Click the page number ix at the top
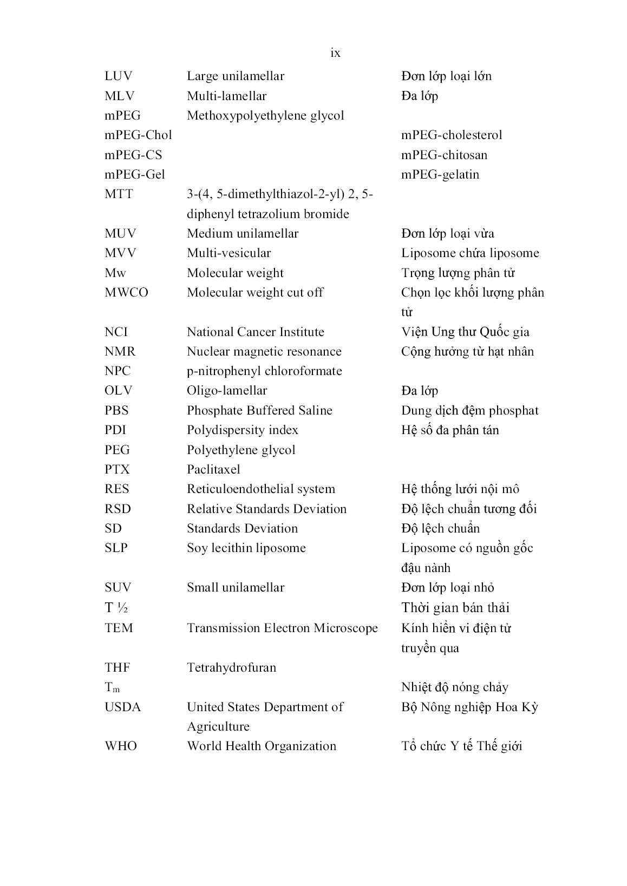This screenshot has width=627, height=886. point(335,53)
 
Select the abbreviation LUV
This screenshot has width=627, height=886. point(118,76)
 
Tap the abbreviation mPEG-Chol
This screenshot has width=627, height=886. point(138,135)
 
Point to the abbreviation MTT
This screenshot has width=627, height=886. point(119,194)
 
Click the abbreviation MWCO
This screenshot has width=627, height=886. point(126,293)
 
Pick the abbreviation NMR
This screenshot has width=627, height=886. point(120,352)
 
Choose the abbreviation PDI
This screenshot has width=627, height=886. point(115,430)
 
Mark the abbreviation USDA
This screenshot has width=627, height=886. point(122,707)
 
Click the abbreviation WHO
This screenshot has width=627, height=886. point(121,746)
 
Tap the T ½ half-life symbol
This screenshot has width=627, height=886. point(116,608)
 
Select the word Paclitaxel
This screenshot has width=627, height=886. point(213,470)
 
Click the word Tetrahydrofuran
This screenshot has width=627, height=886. point(231,668)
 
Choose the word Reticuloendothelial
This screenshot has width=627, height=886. point(238,489)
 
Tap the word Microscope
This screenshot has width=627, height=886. point(347,628)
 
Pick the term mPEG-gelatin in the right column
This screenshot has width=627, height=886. point(440,175)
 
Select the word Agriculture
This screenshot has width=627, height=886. point(218,727)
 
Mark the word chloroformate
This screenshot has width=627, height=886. point(304,371)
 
